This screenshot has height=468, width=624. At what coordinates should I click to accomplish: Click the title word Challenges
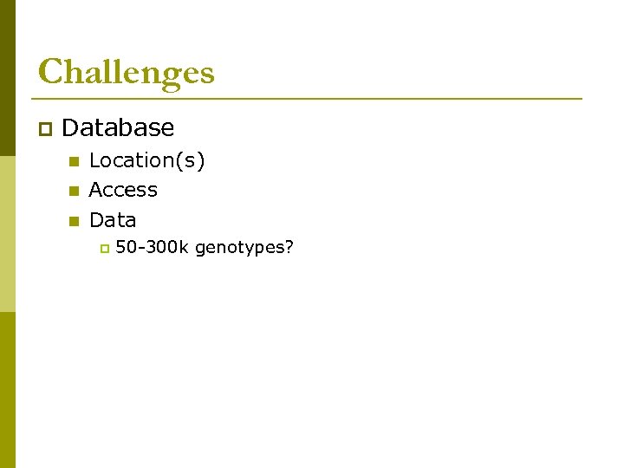pyautogui.click(x=126, y=72)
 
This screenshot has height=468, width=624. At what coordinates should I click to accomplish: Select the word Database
pyautogui.click(x=118, y=128)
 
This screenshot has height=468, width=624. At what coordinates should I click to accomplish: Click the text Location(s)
pyautogui.click(x=146, y=160)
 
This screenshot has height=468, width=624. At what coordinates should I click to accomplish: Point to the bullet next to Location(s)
pyautogui.click(x=74, y=161)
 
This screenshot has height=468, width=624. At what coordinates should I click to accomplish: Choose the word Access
pyautogui.click(x=123, y=190)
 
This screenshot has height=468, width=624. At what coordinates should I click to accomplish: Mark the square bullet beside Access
pyautogui.click(x=74, y=191)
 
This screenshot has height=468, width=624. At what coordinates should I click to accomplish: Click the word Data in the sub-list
pyautogui.click(x=113, y=220)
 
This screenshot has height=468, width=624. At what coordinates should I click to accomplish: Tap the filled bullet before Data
pyautogui.click(x=74, y=221)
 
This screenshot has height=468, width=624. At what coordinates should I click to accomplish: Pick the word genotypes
pyautogui.click(x=240, y=249)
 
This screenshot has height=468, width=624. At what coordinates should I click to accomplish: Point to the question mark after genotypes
pyautogui.click(x=289, y=248)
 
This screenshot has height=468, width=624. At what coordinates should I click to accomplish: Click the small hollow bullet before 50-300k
pyautogui.click(x=102, y=249)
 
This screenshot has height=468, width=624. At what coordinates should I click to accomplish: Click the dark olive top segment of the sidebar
pyautogui.click(x=7, y=78)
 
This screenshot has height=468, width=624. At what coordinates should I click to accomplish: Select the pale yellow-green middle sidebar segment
pyautogui.click(x=7, y=234)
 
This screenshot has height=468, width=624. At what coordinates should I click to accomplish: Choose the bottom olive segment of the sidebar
pyautogui.click(x=7, y=390)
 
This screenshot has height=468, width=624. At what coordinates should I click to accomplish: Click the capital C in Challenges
pyautogui.click(x=50, y=72)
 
